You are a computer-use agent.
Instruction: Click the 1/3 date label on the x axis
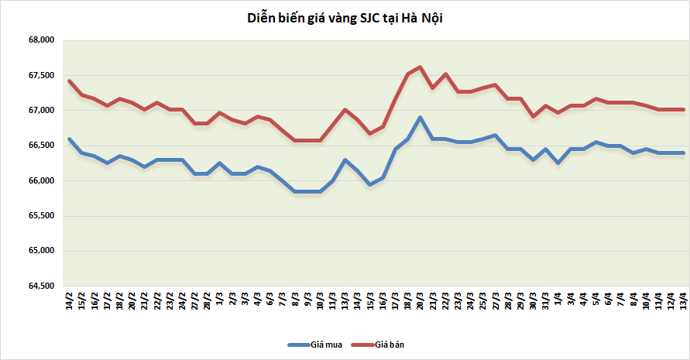[x=221, y=300]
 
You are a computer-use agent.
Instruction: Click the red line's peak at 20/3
[x=420, y=67]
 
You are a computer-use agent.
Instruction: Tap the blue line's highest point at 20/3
[x=420, y=118]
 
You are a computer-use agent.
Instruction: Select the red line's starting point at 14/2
[x=70, y=81]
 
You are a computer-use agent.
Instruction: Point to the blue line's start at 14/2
[x=70, y=139]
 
